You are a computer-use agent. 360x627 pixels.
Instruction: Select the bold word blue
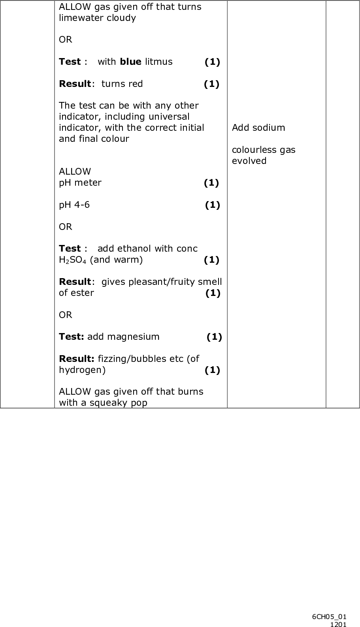pyautogui.click(x=130, y=62)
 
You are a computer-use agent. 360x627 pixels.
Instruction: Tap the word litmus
pyautogui.click(x=158, y=62)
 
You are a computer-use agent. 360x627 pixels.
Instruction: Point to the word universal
pyautogui.click(x=169, y=117)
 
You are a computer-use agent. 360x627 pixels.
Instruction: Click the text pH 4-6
pyautogui.click(x=74, y=205)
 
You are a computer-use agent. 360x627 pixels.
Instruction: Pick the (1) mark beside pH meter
pyautogui.click(x=211, y=183)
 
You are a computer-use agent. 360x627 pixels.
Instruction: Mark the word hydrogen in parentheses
pyautogui.click(x=82, y=370)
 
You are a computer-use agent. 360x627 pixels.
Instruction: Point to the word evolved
pyautogui.click(x=249, y=161)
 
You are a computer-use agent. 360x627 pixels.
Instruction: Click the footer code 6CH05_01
pyautogui.click(x=329, y=616)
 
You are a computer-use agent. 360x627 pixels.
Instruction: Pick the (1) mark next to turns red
pyautogui.click(x=211, y=84)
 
